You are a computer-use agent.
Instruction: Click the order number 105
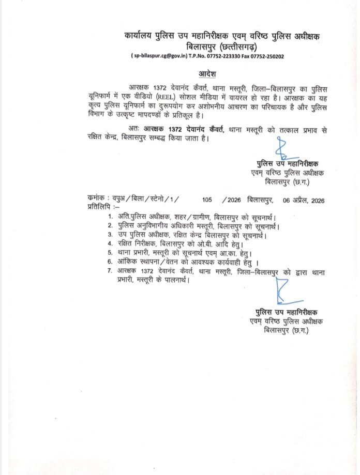208,200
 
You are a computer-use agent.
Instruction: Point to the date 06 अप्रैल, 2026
304,200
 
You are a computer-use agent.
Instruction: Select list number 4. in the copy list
110,243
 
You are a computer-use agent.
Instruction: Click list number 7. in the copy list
110,270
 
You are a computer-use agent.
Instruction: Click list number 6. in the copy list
110,262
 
